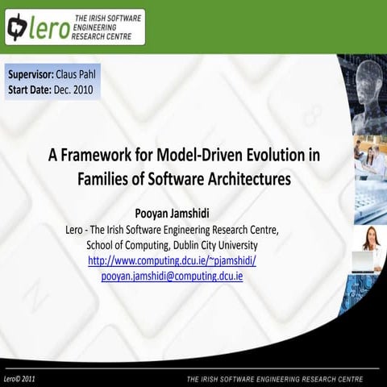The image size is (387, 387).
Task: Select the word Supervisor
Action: tap(31, 74)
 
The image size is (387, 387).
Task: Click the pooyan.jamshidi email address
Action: tap(172, 276)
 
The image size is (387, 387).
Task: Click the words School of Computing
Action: tap(123, 244)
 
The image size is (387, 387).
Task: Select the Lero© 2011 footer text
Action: tap(19, 377)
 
